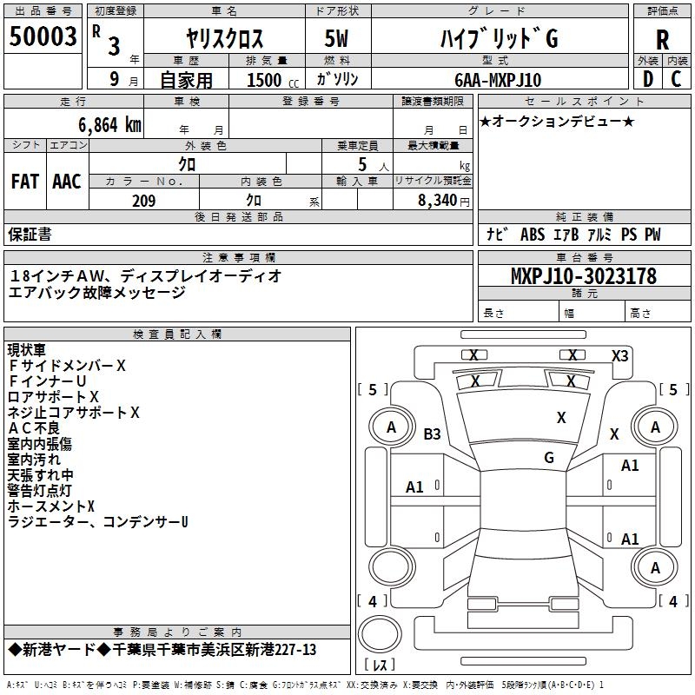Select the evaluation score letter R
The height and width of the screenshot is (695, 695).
(662, 39)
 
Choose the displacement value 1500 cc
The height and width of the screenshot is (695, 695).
(264, 80)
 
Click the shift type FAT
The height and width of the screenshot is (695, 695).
(24, 182)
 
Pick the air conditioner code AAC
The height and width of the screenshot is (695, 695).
(67, 182)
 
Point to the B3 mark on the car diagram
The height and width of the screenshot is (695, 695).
(433, 434)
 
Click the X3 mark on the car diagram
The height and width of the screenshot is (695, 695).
(619, 355)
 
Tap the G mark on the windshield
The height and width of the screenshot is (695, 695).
(549, 458)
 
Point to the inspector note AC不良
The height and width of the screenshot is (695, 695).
(34, 427)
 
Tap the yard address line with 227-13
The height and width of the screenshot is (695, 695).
(162, 650)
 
